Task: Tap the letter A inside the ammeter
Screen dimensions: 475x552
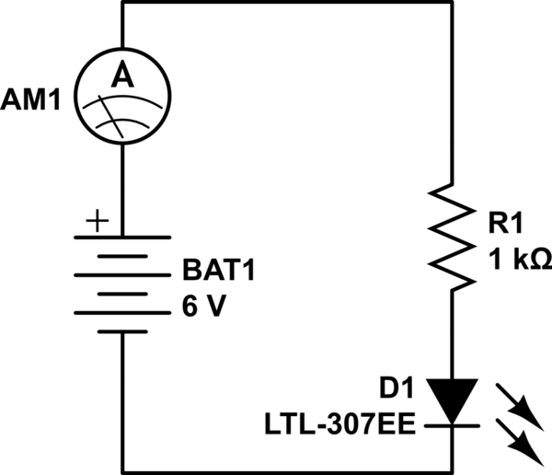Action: click(x=121, y=81)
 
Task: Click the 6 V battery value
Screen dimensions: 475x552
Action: click(x=203, y=307)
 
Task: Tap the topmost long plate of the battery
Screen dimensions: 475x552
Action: click(x=121, y=237)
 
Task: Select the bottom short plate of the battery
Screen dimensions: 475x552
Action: click(x=121, y=311)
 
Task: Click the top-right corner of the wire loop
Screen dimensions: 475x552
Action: click(x=454, y=2)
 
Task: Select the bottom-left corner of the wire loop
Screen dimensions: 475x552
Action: click(x=121, y=472)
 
